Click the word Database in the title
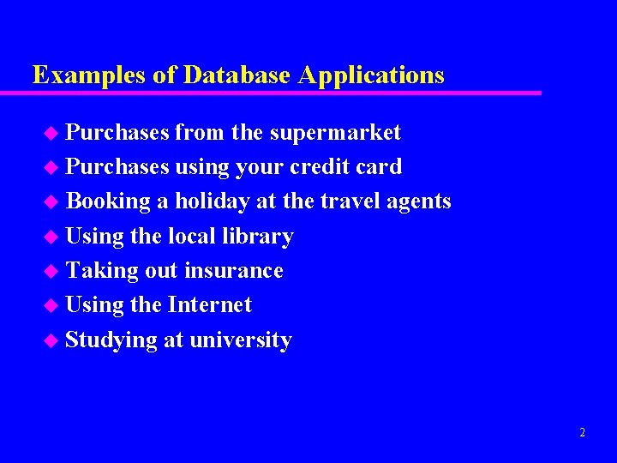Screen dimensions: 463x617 237,75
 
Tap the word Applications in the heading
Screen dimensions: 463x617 371,76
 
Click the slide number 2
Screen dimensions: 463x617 582,433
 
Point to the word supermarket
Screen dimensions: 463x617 335,133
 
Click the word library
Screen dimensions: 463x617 256,237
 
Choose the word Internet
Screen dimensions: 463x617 210,304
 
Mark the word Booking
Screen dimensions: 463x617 108,201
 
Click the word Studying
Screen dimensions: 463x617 111,340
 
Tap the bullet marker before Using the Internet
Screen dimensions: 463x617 53,305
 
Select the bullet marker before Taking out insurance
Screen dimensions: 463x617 53,271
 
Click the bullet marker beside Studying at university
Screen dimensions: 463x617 53,340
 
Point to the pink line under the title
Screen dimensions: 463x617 283,93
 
